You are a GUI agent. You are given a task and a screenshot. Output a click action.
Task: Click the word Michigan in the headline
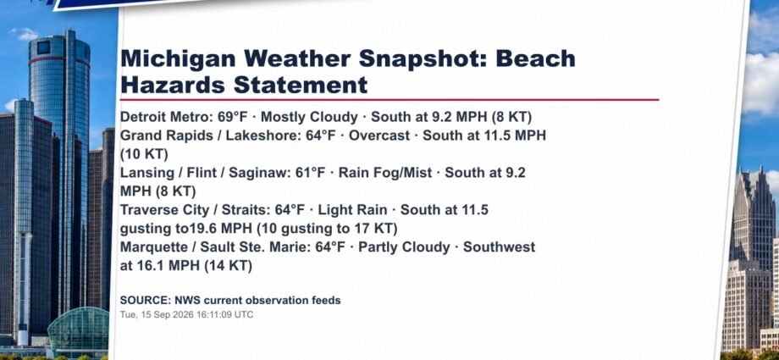pos(179,59)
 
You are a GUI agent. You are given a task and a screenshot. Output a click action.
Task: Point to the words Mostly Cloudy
pos(309,118)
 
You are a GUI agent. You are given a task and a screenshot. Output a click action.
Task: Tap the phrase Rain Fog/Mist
pos(385,173)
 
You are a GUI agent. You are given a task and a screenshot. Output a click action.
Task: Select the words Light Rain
pos(352,210)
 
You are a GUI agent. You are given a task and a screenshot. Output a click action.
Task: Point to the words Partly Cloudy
pos(404,247)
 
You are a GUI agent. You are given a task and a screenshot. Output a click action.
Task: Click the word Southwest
pos(500,247)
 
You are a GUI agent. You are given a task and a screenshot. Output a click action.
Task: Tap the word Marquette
pos(152,247)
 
